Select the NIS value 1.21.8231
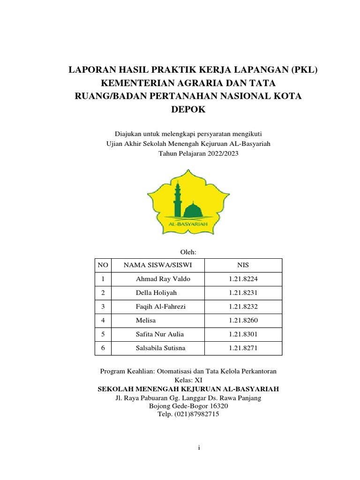click(243, 293)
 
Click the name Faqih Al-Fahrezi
click(164, 307)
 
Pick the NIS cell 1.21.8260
click(243, 320)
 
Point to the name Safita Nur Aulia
click(159, 334)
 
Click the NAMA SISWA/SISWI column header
click(157, 266)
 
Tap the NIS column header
click(244, 266)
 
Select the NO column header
click(103, 266)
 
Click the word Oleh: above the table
click(187, 252)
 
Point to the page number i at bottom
click(199, 448)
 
